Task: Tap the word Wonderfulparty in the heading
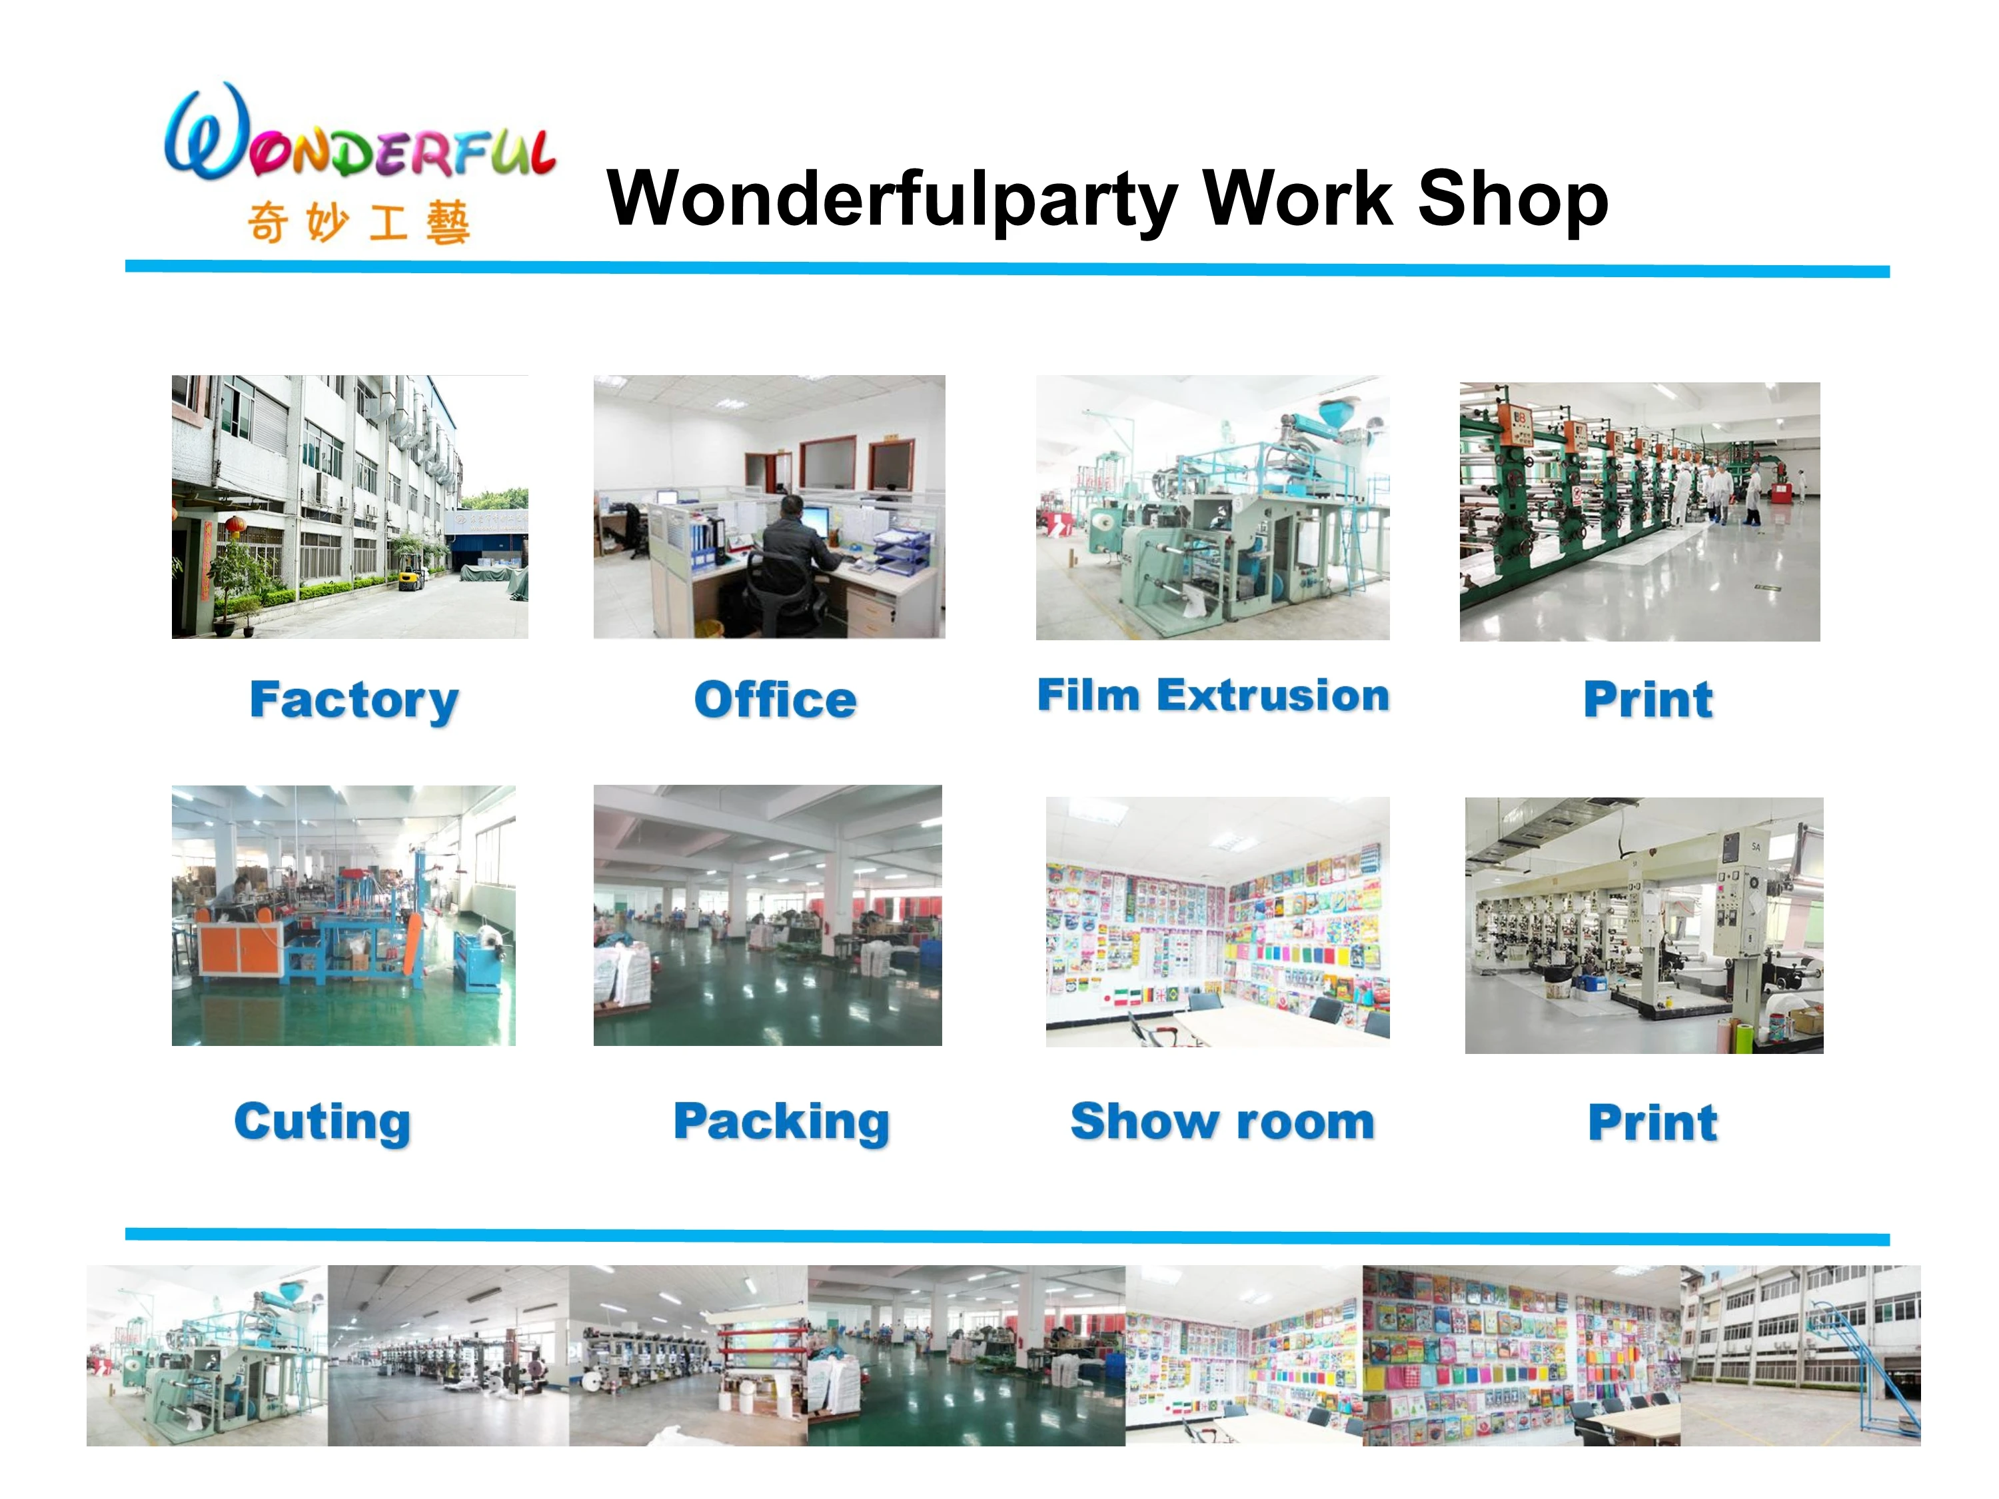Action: (892, 201)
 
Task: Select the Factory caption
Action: (354, 700)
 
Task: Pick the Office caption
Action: (776, 700)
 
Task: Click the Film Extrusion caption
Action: (1213, 696)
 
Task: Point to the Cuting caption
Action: (323, 1122)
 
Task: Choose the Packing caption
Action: (782, 1122)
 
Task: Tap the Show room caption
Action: (1223, 1121)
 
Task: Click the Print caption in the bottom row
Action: (1653, 1123)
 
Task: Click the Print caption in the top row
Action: (1649, 700)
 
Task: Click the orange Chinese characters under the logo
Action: (358, 223)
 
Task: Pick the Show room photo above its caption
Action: (1217, 921)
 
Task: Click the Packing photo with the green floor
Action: (767, 915)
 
